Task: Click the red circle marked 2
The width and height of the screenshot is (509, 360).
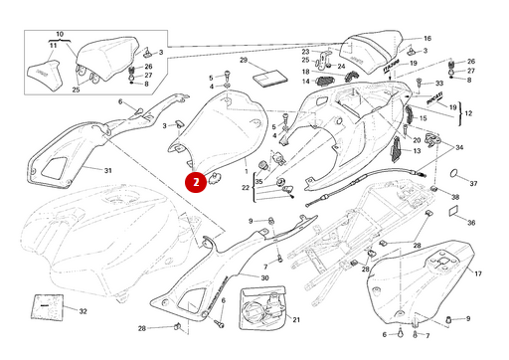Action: (x=198, y=182)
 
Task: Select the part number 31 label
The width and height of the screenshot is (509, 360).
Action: (x=107, y=170)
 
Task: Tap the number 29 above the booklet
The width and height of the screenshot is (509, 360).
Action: (x=243, y=61)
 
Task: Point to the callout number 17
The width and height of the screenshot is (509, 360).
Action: (x=478, y=273)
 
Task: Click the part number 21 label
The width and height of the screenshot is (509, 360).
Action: (x=295, y=319)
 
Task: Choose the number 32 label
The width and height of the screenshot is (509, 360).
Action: (x=83, y=311)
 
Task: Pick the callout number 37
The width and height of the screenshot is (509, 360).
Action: (x=473, y=184)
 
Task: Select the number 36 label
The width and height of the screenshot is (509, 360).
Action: (x=471, y=223)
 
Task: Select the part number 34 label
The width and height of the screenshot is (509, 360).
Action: (x=458, y=147)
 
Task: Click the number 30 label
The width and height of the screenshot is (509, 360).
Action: (x=264, y=279)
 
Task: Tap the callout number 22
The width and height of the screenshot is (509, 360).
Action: (x=246, y=187)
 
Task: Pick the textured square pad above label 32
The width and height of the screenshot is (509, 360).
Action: (x=44, y=305)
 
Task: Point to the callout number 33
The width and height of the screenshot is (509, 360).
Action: (x=439, y=84)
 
